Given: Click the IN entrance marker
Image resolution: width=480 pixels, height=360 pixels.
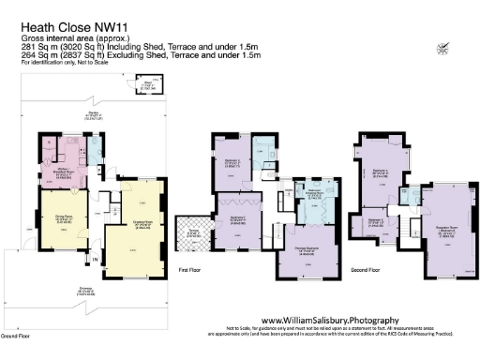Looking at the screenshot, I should tap(95, 256).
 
